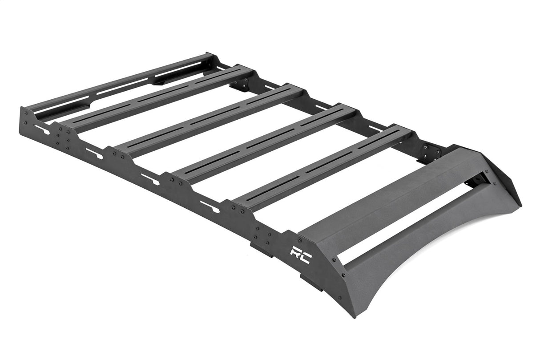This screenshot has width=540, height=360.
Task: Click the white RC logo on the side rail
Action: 301,255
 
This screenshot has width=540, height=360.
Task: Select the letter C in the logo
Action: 306,257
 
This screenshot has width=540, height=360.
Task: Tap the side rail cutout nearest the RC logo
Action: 210,206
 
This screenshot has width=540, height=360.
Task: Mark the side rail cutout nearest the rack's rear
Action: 42,129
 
